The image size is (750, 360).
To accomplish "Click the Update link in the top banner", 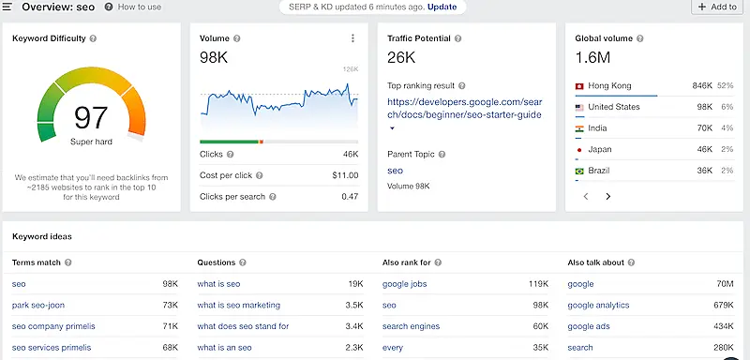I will click(x=442, y=7).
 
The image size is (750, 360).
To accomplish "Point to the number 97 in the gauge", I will click(x=92, y=118).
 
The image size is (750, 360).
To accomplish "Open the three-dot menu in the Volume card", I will click(x=352, y=38).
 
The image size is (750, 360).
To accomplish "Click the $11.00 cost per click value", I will click(x=344, y=174).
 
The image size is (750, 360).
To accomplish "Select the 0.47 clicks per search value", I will click(x=350, y=197).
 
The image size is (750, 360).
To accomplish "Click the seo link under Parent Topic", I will click(x=395, y=171).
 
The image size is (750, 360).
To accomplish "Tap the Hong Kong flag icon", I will click(x=580, y=86).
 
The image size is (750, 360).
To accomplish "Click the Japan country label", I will click(x=601, y=149).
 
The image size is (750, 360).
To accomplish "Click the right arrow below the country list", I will click(x=607, y=197).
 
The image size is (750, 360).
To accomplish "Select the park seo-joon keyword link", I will click(x=38, y=305).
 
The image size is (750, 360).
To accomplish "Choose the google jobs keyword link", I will click(x=406, y=283).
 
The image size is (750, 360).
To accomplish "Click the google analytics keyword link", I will click(x=598, y=305).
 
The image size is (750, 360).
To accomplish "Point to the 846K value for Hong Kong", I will click(x=701, y=86).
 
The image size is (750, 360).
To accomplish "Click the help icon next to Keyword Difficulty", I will click(x=92, y=38).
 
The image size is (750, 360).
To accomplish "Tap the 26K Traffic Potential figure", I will click(x=401, y=58).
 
